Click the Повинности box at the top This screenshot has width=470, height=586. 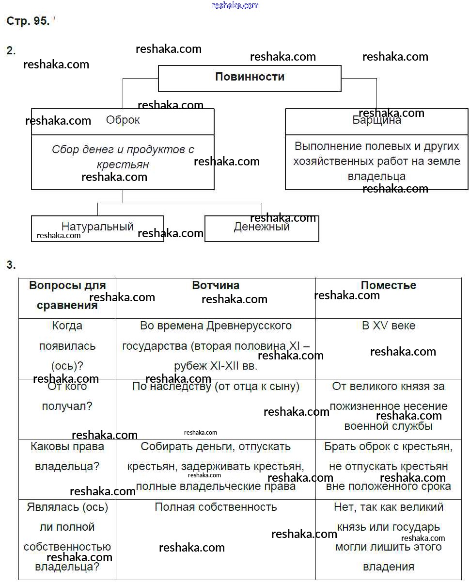[x=250, y=77]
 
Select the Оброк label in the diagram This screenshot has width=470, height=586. [x=123, y=120]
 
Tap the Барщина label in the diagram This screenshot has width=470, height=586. [x=376, y=120]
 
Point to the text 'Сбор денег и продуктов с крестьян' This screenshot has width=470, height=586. [x=123, y=157]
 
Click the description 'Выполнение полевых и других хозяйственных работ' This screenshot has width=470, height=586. [x=376, y=161]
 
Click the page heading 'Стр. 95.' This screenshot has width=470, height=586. [x=28, y=21]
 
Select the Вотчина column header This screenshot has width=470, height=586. [x=216, y=285]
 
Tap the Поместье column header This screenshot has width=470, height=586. [x=388, y=285]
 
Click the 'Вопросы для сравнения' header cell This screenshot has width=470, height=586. [x=67, y=295]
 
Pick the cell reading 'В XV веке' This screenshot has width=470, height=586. [x=388, y=326]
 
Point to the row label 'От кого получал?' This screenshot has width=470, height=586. [x=67, y=396]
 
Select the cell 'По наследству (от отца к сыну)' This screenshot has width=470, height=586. [x=216, y=387]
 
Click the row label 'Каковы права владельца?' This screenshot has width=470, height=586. [x=67, y=456]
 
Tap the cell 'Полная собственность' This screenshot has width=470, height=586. [x=216, y=507]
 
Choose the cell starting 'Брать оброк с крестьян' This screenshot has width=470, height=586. [x=388, y=466]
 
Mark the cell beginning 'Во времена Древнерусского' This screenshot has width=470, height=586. [x=216, y=345]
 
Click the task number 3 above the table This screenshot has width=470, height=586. [x=11, y=265]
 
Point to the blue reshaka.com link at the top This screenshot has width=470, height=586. [x=235, y=5]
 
